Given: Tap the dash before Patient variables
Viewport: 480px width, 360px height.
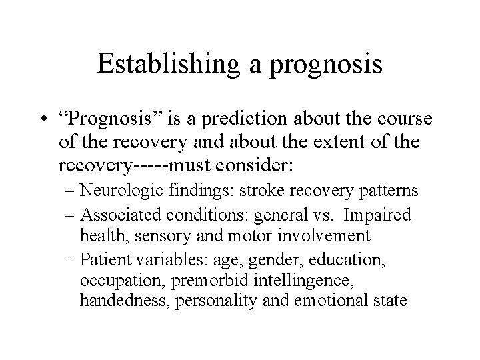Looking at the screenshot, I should point(71,258).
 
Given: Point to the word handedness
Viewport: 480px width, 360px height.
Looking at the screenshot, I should point(125,300).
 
